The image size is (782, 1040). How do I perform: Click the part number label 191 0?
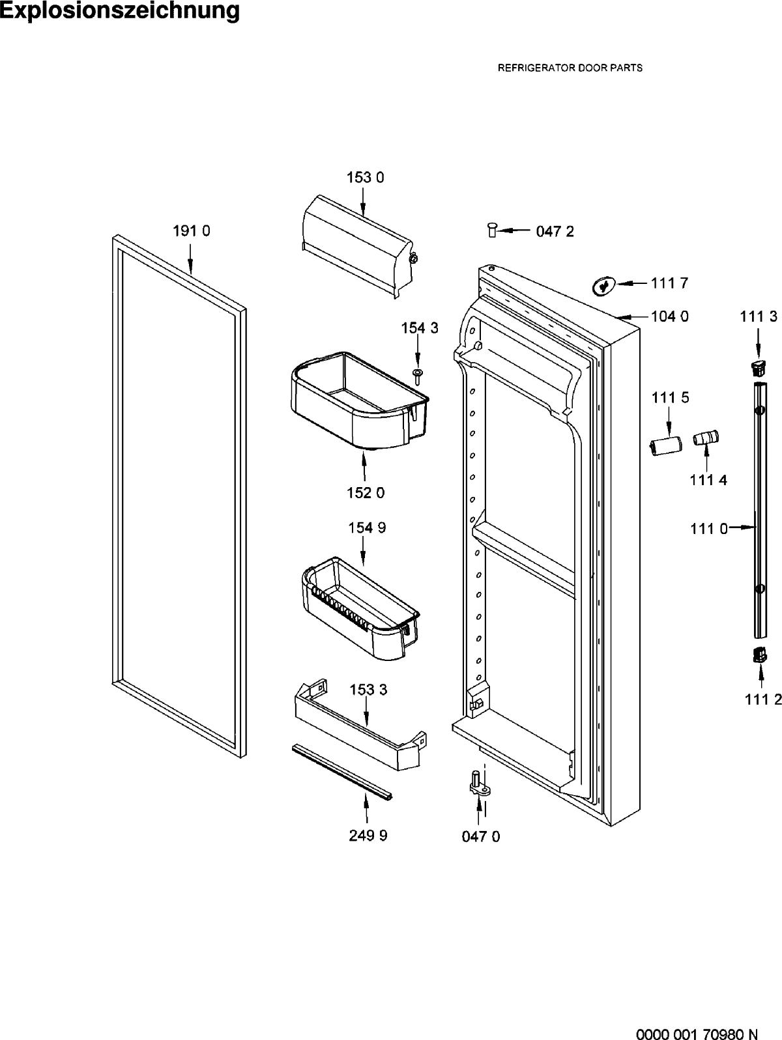191,231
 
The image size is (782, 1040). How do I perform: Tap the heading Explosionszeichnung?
120,10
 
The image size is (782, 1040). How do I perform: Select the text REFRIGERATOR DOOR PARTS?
570,68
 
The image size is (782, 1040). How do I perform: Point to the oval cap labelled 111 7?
603,286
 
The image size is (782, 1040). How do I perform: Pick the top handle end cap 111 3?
759,367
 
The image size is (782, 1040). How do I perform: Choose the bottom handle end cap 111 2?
759,656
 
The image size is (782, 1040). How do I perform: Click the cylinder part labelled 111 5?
665,446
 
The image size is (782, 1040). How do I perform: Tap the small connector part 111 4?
706,438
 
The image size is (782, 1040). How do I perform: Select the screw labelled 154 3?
418,377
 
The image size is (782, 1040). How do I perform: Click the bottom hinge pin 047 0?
479,784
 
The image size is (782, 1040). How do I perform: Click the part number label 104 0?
670,316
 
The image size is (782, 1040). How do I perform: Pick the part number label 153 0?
365,178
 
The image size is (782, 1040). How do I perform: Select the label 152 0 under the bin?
366,493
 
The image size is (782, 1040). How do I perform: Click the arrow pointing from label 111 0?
741,526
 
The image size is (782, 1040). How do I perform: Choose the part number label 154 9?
367,528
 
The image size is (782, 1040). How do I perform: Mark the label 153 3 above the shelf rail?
368,690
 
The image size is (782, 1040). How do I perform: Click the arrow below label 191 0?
190,259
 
